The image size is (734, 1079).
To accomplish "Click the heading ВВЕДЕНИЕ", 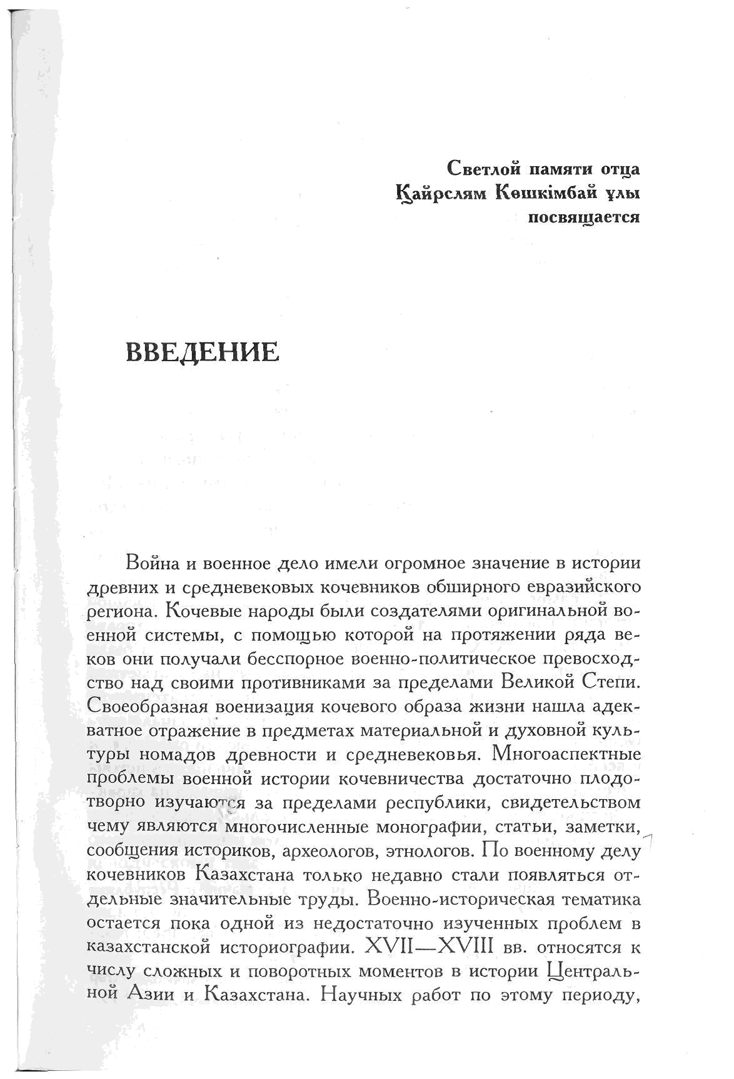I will coord(203,352).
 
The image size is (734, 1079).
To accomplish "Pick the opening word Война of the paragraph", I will coord(154,563).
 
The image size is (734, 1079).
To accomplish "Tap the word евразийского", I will coord(585,587).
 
